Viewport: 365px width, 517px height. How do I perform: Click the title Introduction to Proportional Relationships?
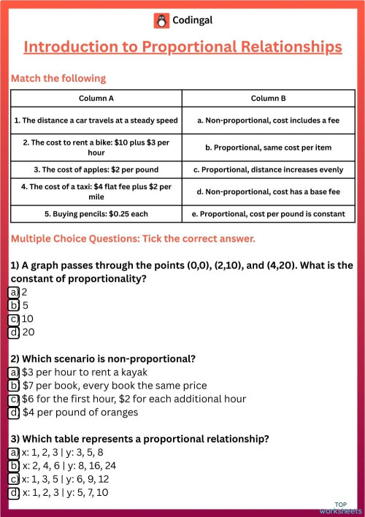[x=182, y=47]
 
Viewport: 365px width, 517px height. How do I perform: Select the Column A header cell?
[x=96, y=98]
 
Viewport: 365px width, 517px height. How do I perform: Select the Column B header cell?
[x=268, y=98]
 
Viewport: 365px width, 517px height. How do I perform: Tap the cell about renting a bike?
[x=96, y=147]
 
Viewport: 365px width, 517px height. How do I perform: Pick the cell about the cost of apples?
[x=96, y=169]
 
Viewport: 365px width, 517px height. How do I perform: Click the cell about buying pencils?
[x=96, y=214]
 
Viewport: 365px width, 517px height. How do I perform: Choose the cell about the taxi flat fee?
[x=96, y=191]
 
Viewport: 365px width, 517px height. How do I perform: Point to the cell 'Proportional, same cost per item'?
[x=268, y=147]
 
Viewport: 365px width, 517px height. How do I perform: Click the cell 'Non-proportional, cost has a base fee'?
[x=268, y=191]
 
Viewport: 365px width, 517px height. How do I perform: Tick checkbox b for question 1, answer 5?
[x=14, y=305]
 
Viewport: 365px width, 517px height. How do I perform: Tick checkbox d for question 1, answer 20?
[x=14, y=332]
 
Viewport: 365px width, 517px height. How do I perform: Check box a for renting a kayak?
[x=14, y=372]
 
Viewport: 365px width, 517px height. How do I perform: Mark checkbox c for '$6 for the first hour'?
[x=14, y=399]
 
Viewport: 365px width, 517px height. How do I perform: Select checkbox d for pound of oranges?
[x=14, y=413]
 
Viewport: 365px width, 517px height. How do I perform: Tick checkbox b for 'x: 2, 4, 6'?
[x=14, y=466]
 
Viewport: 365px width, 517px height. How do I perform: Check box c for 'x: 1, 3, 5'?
[x=14, y=479]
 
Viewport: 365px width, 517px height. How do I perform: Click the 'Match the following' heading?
[x=58, y=78]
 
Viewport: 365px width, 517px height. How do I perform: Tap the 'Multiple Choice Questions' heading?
[x=132, y=239]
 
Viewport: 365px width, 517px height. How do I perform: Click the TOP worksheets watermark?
[x=340, y=507]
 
